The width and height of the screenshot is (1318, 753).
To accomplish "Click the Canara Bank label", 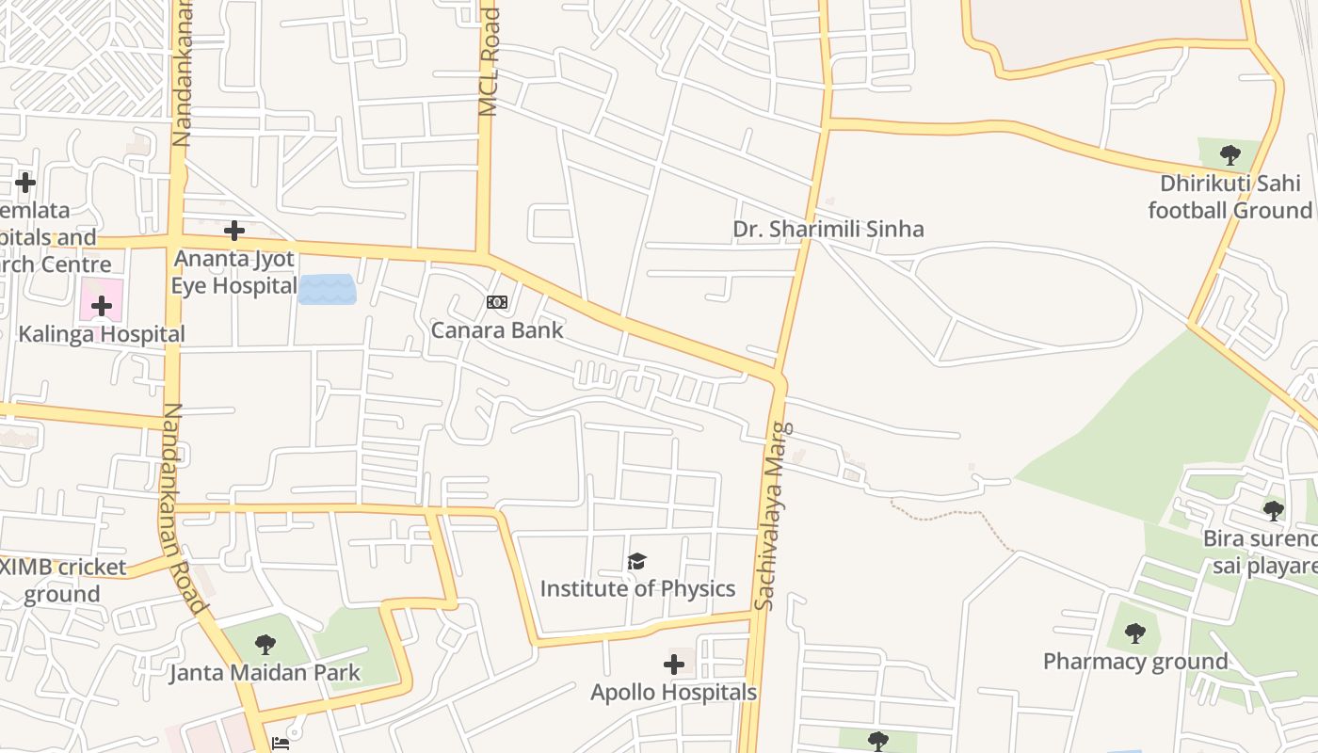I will (497, 330).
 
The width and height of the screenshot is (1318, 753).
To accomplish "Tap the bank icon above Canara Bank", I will (497, 302).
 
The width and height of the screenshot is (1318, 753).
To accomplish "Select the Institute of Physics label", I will (637, 589).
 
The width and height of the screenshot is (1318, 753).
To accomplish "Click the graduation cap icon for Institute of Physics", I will (637, 562).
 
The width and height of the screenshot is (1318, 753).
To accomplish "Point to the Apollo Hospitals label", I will (673, 693).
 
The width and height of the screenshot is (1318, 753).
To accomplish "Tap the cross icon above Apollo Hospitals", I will (674, 665).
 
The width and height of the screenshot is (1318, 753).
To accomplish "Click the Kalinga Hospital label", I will (102, 334).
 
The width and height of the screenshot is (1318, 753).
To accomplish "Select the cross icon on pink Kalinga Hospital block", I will (102, 305).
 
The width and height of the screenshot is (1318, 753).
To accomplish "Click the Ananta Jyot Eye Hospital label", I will (234, 272).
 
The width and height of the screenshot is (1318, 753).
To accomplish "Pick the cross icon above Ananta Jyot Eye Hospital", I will (234, 230).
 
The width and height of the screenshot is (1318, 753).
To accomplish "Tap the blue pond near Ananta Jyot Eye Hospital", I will (327, 289).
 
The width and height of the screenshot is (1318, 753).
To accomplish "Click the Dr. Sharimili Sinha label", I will (828, 229).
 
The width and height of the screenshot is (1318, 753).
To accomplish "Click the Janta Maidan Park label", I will (265, 673).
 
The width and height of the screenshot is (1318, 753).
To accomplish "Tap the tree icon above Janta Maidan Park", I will (265, 645).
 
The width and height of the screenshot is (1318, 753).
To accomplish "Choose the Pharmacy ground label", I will (1135, 662).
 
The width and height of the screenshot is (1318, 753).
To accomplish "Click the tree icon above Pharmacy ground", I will (1135, 633).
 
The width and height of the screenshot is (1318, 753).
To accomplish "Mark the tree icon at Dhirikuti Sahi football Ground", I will (1230, 155).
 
